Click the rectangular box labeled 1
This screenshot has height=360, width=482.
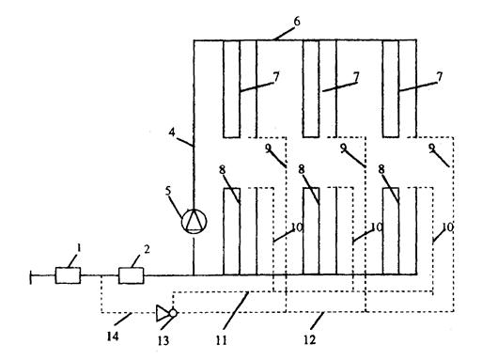pos(68,275)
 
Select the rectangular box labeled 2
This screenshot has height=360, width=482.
pos(131,275)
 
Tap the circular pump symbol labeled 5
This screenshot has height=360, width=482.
pos(194,221)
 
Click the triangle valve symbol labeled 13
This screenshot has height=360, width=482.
pos(163,313)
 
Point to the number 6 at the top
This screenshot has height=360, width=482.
pos(296,22)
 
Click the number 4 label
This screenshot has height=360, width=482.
pos(172,133)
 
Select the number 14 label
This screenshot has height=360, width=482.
pos(113,337)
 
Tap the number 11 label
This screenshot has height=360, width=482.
pos(221,340)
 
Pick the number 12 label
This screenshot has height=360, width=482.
pos(309,339)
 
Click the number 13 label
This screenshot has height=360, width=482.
pos(163,340)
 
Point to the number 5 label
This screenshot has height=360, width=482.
pos(168,192)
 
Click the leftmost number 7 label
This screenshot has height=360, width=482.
pos(276,77)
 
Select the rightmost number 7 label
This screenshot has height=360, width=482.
pos(440,77)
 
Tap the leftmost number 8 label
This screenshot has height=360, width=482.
pos(222,170)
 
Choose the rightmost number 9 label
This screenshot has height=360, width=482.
pos(432,148)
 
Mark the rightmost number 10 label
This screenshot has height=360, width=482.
pos(448,227)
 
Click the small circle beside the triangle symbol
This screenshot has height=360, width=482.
pos(173,313)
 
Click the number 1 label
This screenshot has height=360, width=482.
pos(79,248)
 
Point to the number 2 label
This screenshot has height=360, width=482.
pos(147,249)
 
